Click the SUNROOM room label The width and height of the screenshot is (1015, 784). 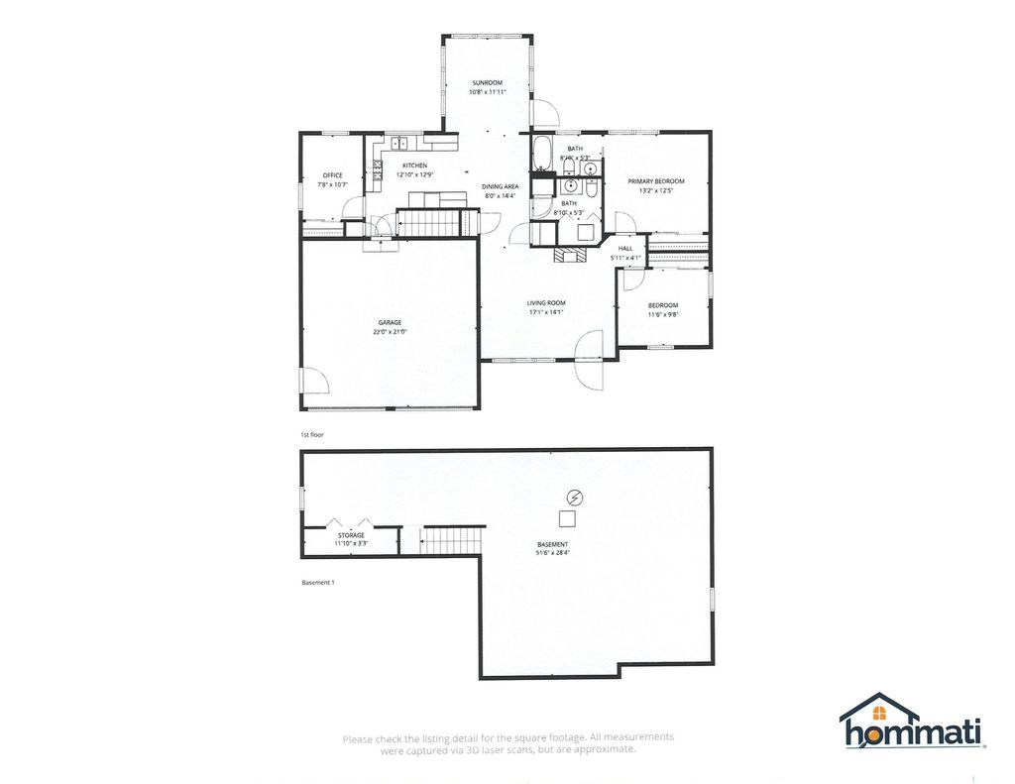pyautogui.click(x=487, y=82)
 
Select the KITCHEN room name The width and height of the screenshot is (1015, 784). pyautogui.click(x=414, y=166)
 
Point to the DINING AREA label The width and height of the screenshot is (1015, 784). pyautogui.click(x=501, y=186)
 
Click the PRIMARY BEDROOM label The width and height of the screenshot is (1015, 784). pyautogui.click(x=656, y=181)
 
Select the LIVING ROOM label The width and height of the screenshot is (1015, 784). pyautogui.click(x=546, y=302)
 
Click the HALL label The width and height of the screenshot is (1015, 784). pyautogui.click(x=625, y=249)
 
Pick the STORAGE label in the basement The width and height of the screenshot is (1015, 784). pyautogui.click(x=351, y=535)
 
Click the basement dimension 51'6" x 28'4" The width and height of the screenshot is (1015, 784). pyautogui.click(x=553, y=554)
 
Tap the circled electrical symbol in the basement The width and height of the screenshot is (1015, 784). pyautogui.click(x=574, y=497)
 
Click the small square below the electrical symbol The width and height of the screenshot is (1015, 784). pyautogui.click(x=567, y=518)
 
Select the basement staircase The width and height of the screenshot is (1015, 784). pyautogui.click(x=452, y=540)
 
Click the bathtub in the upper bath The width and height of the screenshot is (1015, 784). pyautogui.click(x=542, y=155)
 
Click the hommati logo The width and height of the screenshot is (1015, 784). pyautogui.click(x=911, y=721)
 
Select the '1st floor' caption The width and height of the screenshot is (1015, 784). pyautogui.click(x=312, y=435)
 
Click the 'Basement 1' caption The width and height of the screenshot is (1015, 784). pyautogui.click(x=318, y=583)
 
